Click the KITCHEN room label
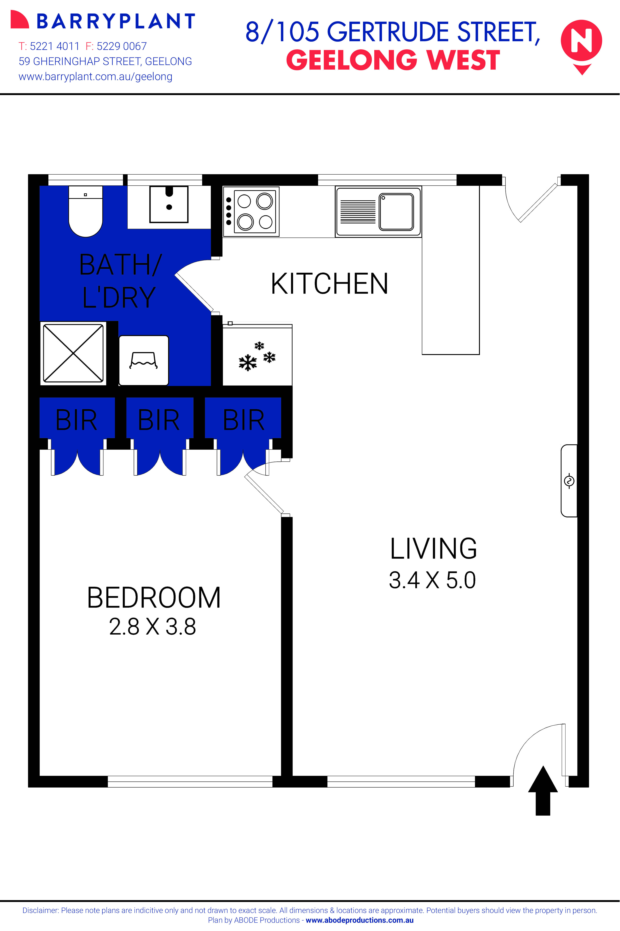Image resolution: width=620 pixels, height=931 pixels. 329,284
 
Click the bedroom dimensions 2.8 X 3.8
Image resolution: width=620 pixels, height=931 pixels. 153,627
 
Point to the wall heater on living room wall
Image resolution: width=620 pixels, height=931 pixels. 569,481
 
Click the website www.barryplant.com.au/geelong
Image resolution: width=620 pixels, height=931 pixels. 95,77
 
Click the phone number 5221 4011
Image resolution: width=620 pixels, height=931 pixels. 54,46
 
